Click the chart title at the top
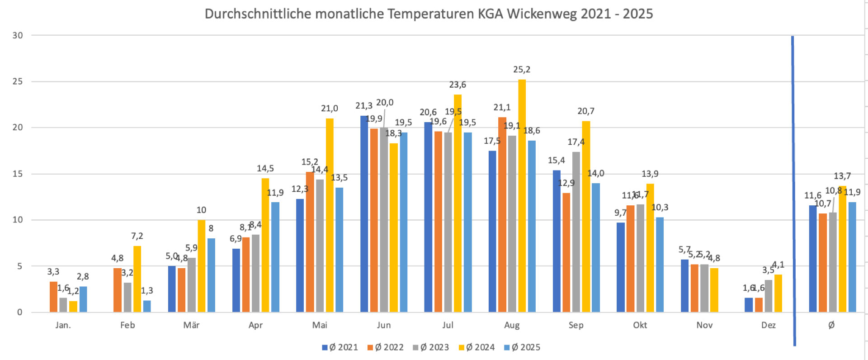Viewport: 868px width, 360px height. [429, 14]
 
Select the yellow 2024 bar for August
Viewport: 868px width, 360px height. [522, 195]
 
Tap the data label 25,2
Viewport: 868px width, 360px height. [522, 70]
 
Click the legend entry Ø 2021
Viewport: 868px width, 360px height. [340, 347]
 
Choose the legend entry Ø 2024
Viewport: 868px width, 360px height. [477, 347]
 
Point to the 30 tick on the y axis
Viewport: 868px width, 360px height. [18, 35]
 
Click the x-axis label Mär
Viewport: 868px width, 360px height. [191, 325]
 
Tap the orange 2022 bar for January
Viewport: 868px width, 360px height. [53, 297]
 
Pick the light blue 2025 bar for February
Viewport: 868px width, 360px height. [147, 306]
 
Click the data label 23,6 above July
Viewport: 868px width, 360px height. [458, 85]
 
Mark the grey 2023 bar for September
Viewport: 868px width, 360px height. [576, 232]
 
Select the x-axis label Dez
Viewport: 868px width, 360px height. [768, 325]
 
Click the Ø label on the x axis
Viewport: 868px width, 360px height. [831, 325]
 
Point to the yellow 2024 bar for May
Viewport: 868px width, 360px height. [330, 215]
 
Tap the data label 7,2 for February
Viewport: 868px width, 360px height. [137, 236]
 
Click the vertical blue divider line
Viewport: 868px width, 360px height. [793, 190]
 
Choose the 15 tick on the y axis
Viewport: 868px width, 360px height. [18, 174]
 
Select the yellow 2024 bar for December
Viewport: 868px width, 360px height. [778, 293]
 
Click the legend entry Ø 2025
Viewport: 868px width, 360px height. [522, 347]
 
